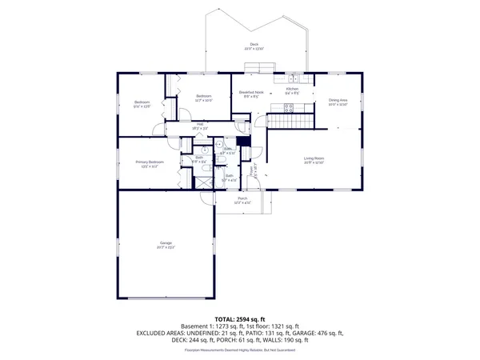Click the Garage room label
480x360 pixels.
[166, 243]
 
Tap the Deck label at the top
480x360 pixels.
[254, 45]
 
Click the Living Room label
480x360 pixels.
[313, 159]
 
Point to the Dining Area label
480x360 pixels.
[338, 101]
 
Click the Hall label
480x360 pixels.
[200, 124]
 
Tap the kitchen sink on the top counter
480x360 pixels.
[294, 79]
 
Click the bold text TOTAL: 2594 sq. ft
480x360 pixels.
[240, 318]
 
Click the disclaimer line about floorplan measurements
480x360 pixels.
[240, 350]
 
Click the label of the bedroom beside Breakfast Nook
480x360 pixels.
[203, 99]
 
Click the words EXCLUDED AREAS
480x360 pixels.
[160, 333]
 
